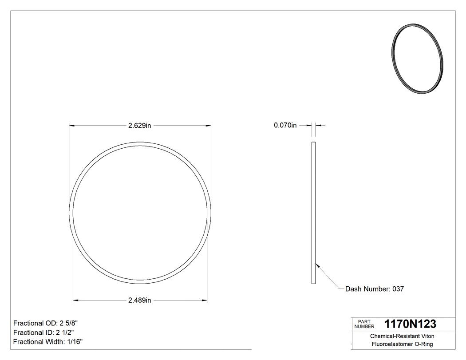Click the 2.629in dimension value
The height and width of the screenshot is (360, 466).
140,126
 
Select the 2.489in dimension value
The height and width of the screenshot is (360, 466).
140,301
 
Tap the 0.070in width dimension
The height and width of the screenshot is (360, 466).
285,126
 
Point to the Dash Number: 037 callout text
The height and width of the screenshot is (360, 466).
375,289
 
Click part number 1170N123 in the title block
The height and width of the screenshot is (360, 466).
410,324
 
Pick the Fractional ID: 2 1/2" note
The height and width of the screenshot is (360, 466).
43,332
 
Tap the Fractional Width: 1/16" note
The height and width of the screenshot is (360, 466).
48,342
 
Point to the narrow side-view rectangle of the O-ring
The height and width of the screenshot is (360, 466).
313,213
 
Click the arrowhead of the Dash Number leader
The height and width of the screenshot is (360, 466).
316,265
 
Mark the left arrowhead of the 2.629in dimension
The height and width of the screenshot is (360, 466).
71,126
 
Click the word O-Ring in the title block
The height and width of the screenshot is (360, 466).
423,344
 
